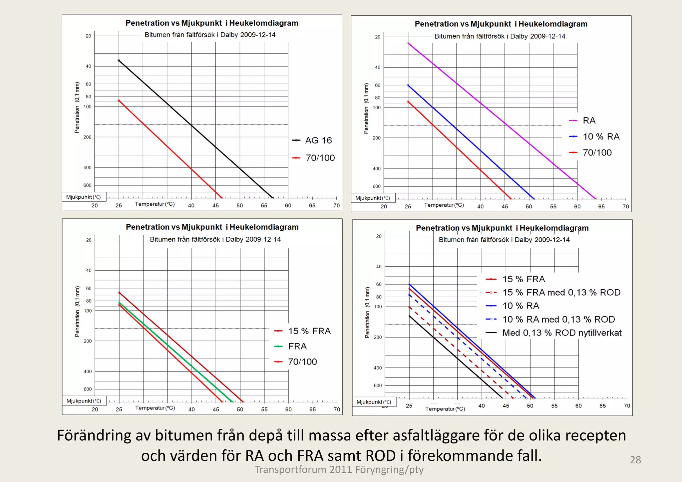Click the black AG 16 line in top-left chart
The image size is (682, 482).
click(x=191, y=125)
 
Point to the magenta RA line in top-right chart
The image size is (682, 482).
click(x=505, y=124)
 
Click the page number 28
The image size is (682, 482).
click(x=635, y=460)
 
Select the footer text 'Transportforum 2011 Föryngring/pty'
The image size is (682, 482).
click(x=339, y=470)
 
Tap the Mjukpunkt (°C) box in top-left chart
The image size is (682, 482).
click(x=84, y=197)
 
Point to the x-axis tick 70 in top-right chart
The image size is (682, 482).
click(x=626, y=207)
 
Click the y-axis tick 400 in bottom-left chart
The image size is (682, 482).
click(x=88, y=371)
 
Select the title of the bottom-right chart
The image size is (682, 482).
click(x=502, y=228)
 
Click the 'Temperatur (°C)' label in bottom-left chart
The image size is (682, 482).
click(x=155, y=408)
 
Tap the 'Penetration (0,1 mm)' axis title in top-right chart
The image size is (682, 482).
click(x=366, y=109)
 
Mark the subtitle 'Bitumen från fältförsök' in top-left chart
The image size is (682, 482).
click(x=210, y=35)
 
